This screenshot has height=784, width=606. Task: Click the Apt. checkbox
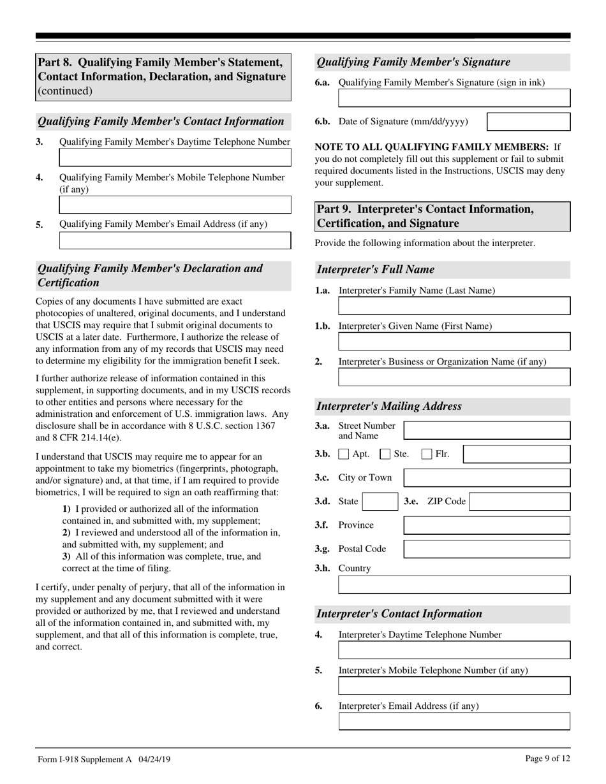(343, 454)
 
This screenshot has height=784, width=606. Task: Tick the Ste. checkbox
(385, 454)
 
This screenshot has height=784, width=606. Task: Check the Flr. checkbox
(427, 454)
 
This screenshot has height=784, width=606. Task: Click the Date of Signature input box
(528, 122)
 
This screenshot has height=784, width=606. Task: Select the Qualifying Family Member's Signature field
(454, 98)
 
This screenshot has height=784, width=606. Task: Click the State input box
(380, 502)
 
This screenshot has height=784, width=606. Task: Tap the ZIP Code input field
(520, 502)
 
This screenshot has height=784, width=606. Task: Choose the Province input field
(487, 525)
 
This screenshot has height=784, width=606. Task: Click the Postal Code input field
(487, 549)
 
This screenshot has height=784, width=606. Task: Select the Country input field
(454, 585)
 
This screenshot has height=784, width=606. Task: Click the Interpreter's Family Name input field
(454, 306)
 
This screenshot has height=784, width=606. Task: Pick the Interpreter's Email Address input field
(454, 722)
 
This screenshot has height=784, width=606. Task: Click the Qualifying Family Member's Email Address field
(175, 240)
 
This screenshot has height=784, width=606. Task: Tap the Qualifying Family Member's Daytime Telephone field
(175, 157)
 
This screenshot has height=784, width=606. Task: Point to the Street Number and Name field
(487, 430)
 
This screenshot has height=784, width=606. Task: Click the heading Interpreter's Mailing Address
(389, 407)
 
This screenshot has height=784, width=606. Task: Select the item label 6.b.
(322, 122)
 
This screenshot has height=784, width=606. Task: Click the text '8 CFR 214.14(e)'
(79, 438)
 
